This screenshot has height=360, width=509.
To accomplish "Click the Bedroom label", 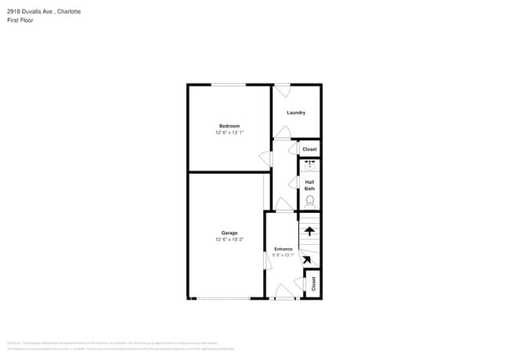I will (229, 126).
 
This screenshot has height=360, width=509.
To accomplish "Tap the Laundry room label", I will (296, 113).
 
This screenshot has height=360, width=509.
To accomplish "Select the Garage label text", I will (229, 233).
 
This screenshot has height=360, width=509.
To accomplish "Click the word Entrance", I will (283, 249).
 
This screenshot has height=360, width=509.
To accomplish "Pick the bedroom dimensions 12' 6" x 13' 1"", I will (229, 133).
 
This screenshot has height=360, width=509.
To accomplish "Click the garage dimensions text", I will (229, 239).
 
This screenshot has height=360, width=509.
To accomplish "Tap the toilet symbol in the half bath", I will (310, 201).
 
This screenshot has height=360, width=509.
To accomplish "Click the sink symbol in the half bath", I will (310, 164).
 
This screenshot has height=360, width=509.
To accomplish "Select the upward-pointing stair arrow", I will (310, 231).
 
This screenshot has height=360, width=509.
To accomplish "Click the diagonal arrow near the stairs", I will (307, 260).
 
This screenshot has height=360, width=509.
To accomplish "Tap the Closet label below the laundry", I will (309, 149).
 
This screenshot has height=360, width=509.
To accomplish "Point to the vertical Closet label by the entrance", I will (313, 284).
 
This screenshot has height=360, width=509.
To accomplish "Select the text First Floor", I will (20, 20).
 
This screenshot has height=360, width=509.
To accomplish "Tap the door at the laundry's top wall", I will (282, 89).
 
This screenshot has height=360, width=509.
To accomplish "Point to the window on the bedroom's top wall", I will (228, 85).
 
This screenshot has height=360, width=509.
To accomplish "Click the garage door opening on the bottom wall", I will (223, 298).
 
